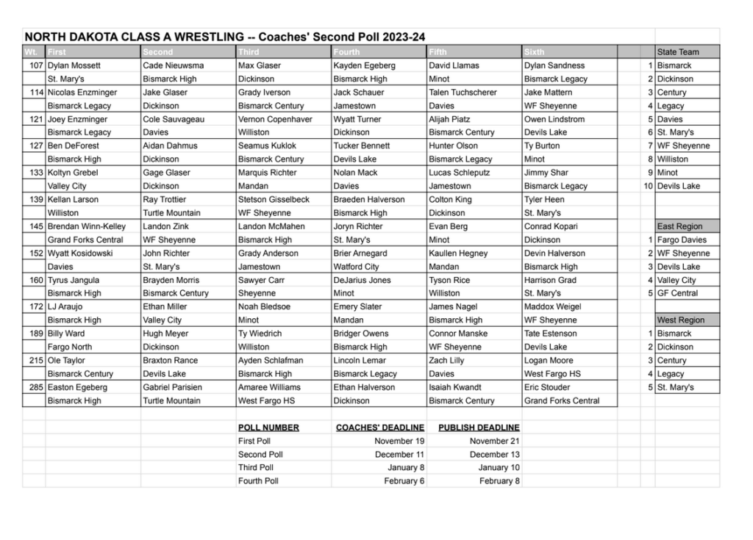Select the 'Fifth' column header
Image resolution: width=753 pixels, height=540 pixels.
pos(438,52)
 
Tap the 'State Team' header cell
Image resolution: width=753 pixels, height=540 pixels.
pos(678,52)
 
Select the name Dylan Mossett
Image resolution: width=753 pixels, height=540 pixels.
pos(74,65)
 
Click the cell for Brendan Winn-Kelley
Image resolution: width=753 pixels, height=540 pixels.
pos(87,226)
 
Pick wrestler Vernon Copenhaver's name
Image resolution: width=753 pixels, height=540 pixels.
pos(275,119)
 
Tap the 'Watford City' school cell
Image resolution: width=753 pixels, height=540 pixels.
pos(356,267)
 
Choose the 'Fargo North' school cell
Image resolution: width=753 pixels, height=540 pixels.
pos(70,347)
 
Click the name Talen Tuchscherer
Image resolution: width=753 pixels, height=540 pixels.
pos(463,93)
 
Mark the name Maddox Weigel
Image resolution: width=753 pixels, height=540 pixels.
pos(552,306)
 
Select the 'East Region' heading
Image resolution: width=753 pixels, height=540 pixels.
pos(679,226)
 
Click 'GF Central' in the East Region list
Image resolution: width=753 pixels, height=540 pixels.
pos(677,293)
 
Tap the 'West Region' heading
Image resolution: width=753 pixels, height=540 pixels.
pos(680,320)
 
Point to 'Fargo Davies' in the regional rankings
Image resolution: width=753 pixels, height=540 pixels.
pos(682,240)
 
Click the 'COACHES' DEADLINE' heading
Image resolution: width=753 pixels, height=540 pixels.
pos(379,428)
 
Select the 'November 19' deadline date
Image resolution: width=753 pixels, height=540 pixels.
pos(399,441)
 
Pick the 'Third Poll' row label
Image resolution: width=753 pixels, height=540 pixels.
pos(255,467)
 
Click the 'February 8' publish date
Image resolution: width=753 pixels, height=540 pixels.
pos(499,481)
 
